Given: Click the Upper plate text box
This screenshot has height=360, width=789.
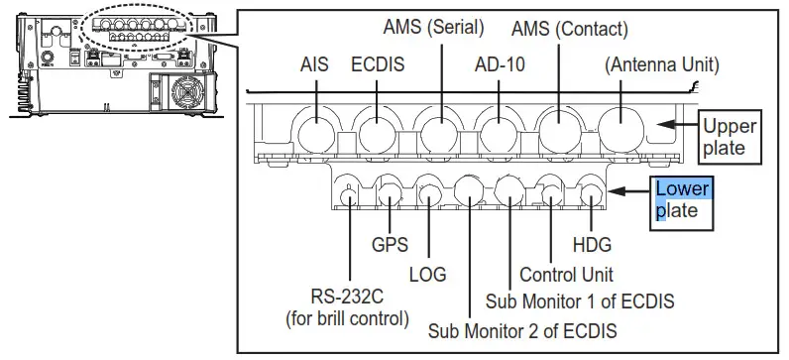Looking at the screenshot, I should (x=729, y=138).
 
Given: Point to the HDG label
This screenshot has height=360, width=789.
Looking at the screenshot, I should (x=592, y=242).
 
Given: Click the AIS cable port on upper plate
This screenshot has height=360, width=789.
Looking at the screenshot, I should (x=314, y=132).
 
